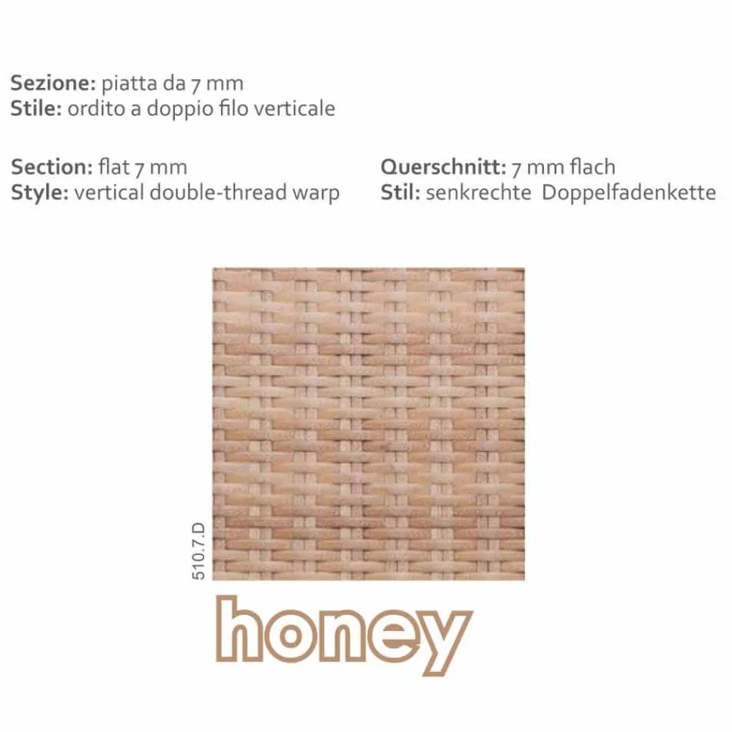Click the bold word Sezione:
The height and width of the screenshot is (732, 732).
click(53, 83)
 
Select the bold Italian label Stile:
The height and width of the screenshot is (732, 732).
click(36, 108)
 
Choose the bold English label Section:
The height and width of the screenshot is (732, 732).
click(52, 167)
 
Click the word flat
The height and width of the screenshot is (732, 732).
click(114, 167)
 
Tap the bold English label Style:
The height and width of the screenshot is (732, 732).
click(40, 193)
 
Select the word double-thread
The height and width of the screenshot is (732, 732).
click(228, 193)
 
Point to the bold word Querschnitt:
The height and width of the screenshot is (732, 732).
click(444, 167)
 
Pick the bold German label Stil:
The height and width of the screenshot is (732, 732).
click(400, 193)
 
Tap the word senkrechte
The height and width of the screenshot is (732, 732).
click(479, 193)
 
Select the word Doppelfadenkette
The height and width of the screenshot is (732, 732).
click(629, 193)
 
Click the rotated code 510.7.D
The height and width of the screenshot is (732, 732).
click(198, 551)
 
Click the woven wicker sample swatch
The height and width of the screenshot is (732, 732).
click(368, 424)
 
